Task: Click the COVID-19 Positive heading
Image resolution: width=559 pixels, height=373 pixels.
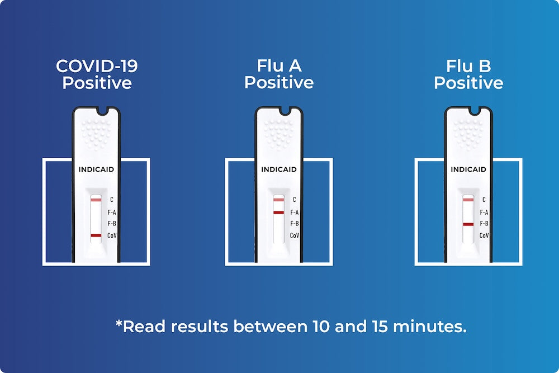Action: coord(97,74)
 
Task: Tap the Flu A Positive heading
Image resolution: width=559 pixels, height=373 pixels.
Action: coord(279,74)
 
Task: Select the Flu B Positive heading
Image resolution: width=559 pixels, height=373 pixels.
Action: coord(468,74)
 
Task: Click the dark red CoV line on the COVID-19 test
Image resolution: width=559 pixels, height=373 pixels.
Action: coord(96,235)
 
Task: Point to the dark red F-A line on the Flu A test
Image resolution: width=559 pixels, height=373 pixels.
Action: coord(278,213)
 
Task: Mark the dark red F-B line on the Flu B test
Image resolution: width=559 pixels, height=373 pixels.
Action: coord(468,224)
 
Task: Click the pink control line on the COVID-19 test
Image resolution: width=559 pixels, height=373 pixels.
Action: coord(96,200)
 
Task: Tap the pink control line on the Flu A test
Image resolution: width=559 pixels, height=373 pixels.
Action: coord(278,200)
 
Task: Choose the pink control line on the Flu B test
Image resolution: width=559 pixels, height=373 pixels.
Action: coord(468,200)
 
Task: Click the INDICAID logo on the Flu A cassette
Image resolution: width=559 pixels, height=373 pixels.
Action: coord(279,169)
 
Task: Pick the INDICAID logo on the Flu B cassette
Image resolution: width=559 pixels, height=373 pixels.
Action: coord(468,169)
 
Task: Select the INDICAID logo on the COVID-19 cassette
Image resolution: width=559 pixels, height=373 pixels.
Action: coord(96,169)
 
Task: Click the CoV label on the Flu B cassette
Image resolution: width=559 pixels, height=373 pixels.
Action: coord(484,235)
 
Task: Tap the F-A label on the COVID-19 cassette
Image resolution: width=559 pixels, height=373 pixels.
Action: coord(112,213)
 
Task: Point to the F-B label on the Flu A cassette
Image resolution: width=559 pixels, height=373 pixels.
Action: coord(295,224)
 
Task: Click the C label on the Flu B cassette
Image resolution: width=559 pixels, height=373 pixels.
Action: coord(484,200)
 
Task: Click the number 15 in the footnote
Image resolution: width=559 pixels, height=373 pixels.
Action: coord(380,326)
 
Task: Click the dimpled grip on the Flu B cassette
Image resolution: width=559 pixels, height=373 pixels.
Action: coord(468,134)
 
